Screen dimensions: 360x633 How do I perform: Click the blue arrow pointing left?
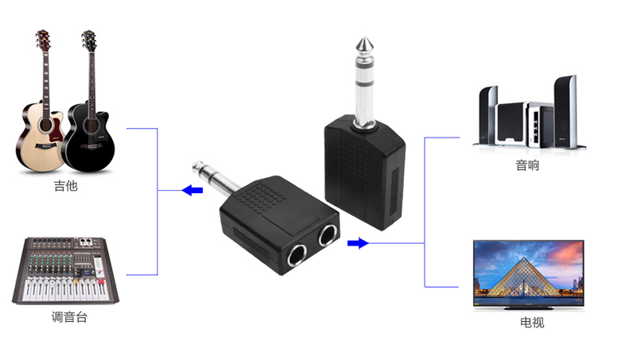pos(191,190)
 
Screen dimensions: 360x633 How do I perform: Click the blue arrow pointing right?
pos(358,243)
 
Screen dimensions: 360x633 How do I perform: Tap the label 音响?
pos(527,166)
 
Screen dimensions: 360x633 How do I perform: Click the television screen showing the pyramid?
pos(528,270)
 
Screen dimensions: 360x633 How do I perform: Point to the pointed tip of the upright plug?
pos(363,40)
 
